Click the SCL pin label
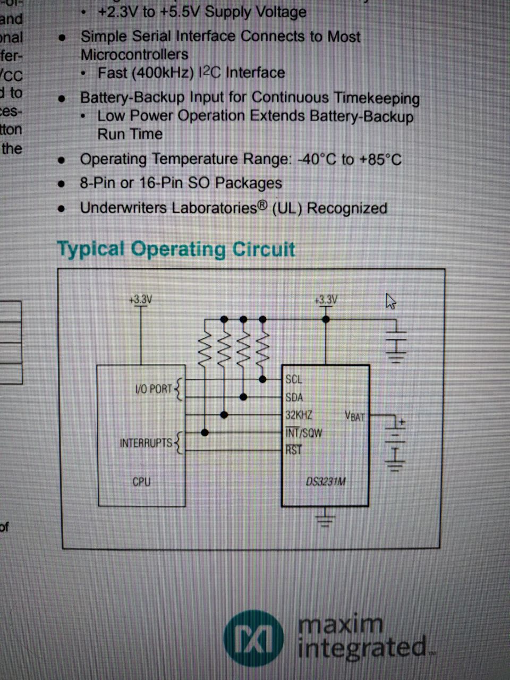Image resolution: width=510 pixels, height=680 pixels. click(294, 379)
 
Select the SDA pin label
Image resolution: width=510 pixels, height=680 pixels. click(294, 397)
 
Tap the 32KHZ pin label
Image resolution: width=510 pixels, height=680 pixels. click(299, 415)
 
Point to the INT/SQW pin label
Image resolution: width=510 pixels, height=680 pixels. click(304, 432)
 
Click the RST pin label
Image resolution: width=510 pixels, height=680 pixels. click(293, 450)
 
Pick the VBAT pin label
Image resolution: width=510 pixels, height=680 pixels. click(355, 416)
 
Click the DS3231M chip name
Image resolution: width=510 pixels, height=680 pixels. click(326, 482)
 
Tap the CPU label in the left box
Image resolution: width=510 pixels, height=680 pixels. click(141, 482)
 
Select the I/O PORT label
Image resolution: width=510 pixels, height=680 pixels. click(154, 389)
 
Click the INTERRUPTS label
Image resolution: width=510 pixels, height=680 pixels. click(146, 443)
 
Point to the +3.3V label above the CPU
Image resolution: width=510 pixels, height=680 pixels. click(140, 300)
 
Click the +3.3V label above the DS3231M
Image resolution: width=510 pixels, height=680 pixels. click(326, 300)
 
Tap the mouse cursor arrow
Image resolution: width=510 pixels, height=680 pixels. click(390, 301)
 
